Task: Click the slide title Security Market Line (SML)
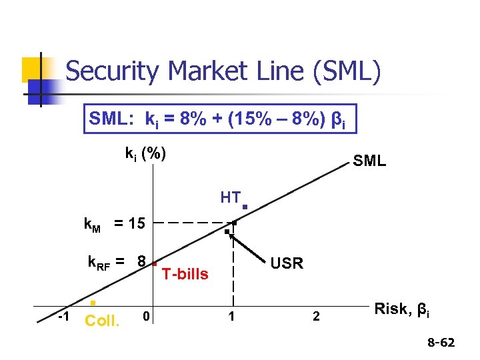click(x=223, y=71)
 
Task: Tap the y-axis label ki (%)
click(x=145, y=153)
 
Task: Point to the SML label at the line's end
click(x=369, y=161)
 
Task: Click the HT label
click(x=230, y=197)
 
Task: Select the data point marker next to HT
click(x=245, y=207)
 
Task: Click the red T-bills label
click(x=185, y=274)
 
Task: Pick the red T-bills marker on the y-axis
click(x=153, y=263)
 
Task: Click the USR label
click(x=287, y=263)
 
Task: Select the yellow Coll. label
click(x=103, y=321)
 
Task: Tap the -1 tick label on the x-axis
click(x=65, y=315)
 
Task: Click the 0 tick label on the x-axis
click(x=147, y=315)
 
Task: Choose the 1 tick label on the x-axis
click(x=231, y=316)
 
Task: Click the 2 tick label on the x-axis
click(x=316, y=316)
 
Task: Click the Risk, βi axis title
click(x=402, y=309)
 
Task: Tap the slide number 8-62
click(x=441, y=343)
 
